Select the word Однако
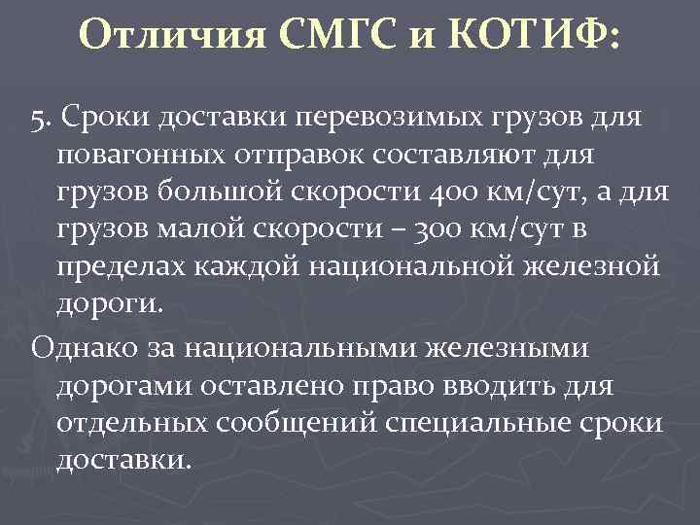coord(76,347)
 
